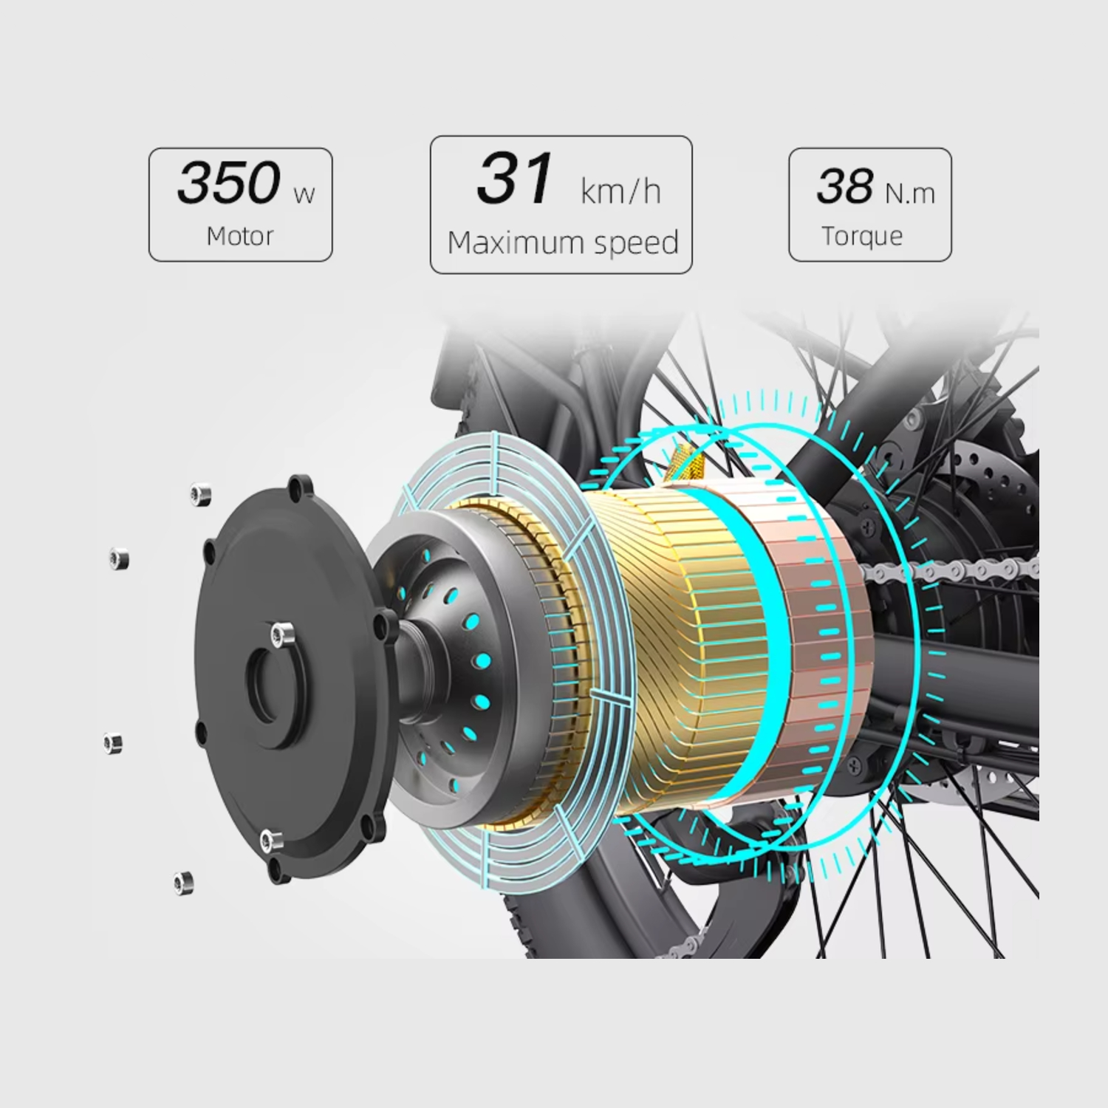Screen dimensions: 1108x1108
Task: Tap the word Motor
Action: point(240,236)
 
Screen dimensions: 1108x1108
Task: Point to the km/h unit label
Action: point(620,191)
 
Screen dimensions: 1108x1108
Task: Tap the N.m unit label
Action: point(910,194)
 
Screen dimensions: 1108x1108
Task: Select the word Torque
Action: point(862,236)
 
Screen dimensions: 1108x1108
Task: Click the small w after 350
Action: point(304,195)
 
